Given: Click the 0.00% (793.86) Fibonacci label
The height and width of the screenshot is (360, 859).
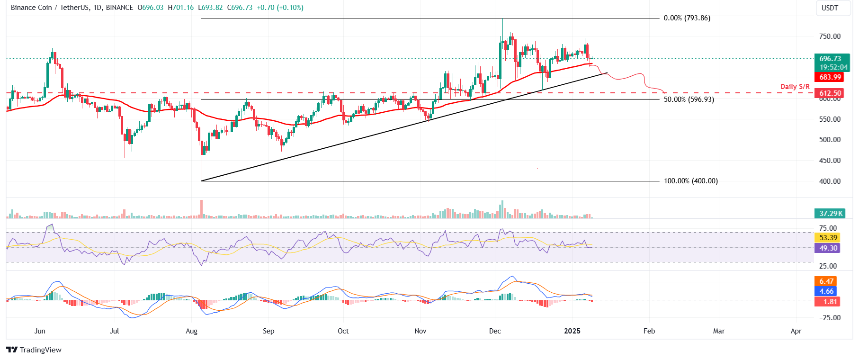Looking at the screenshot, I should [687, 18].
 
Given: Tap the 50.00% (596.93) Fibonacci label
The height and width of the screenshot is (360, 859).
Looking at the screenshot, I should [689, 99].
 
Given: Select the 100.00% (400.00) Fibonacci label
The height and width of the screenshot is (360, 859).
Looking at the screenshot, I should [690, 181].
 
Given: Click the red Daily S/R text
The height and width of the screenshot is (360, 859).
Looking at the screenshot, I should [795, 87].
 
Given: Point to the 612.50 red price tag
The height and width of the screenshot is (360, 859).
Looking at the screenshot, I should [830, 93].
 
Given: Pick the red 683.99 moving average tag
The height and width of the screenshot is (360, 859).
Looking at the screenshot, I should [830, 77].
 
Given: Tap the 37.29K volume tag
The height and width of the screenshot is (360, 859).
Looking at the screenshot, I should [831, 214].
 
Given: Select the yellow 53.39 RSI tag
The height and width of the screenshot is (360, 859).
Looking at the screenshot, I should [828, 238].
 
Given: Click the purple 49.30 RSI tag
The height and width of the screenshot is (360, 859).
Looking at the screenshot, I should [828, 248].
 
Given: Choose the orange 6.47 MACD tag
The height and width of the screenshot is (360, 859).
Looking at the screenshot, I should [826, 281].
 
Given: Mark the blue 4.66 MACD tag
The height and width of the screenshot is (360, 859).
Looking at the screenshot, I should [826, 291].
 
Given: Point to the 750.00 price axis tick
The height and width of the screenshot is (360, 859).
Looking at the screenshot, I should [830, 36].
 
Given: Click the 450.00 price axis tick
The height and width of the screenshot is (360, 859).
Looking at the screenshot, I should [830, 161].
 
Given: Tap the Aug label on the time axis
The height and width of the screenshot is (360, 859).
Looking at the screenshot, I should [191, 331].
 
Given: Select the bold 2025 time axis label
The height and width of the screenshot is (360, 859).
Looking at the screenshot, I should [572, 331].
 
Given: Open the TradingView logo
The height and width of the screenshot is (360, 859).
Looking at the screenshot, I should [34, 350].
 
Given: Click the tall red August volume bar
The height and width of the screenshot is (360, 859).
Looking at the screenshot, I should [202, 209].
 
